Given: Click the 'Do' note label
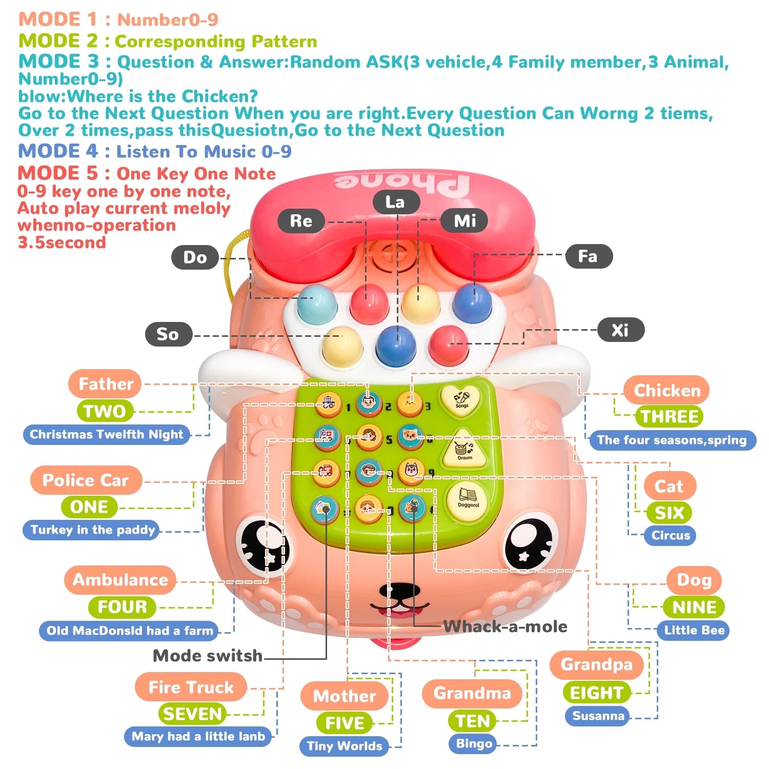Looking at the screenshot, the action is (195, 257).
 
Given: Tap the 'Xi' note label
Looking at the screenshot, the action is (620, 330).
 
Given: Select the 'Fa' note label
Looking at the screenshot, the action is (589, 256).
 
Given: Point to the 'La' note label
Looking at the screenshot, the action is (396, 202).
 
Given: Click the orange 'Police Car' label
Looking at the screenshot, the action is (86, 480).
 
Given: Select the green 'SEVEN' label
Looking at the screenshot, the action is (193, 714).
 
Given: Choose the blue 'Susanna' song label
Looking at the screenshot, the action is (598, 716).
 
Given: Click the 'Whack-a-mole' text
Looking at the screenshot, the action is (505, 626).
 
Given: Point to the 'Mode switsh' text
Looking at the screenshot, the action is (208, 655).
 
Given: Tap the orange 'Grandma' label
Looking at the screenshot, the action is (472, 693).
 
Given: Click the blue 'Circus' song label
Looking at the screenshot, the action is (671, 535).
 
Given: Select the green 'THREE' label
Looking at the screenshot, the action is (669, 416).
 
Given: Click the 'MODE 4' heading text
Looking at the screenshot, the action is (57, 151).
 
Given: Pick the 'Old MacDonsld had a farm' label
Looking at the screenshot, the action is (130, 631).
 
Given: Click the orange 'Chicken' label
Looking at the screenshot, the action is (667, 390).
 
